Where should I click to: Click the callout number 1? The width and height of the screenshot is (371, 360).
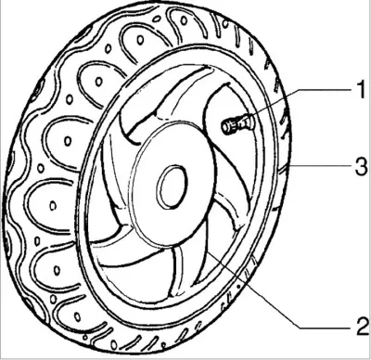pyautogui.click(x=361, y=89)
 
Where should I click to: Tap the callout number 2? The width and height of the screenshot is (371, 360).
pyautogui.click(x=362, y=326)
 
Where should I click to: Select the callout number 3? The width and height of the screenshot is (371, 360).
pyautogui.click(x=361, y=166)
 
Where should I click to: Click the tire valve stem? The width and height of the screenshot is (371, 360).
pyautogui.click(x=237, y=124)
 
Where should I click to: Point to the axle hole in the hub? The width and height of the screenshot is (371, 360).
pyautogui.click(x=172, y=186)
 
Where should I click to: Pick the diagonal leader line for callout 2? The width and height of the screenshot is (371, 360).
pyautogui.click(x=253, y=289)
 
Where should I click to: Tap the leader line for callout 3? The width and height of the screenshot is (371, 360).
pyautogui.click(x=321, y=166)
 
